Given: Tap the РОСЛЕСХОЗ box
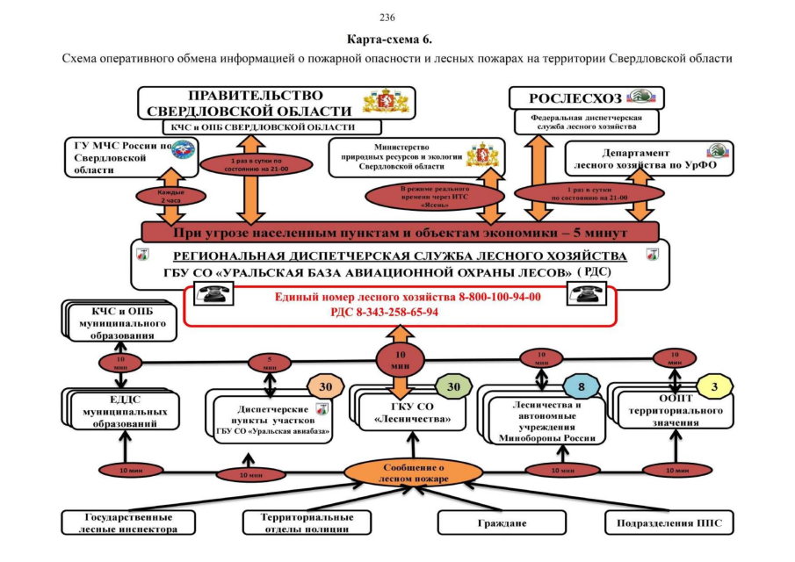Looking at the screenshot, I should point(587,98).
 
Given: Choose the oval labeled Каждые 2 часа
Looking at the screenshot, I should point(158,196).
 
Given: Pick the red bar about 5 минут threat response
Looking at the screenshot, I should point(400,233).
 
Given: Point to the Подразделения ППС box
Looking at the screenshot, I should point(668,523).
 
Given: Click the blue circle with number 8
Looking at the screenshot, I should point(580,387).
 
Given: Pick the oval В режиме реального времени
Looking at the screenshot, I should point(435,195).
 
